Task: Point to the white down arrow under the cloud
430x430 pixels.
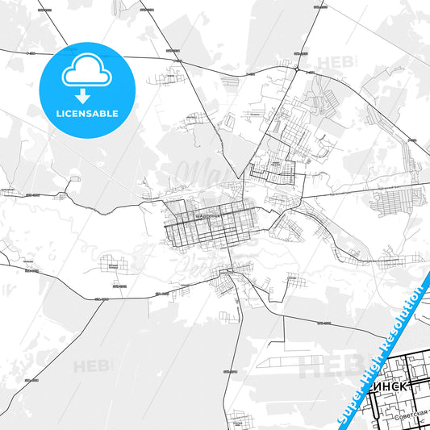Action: (x=84, y=96)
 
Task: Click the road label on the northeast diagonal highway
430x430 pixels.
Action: (x=411, y=140)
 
